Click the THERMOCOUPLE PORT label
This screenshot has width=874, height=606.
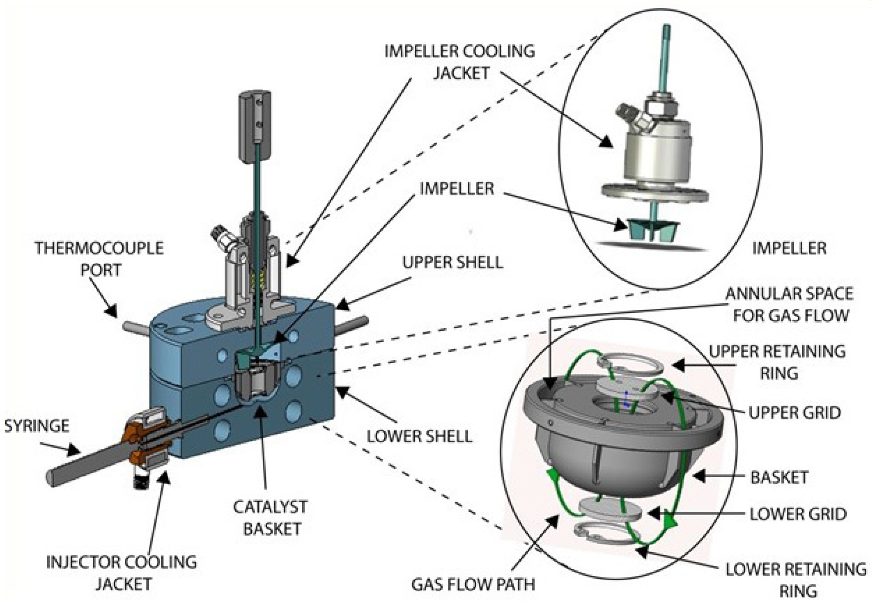99,259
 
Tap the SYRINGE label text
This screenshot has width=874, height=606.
37,426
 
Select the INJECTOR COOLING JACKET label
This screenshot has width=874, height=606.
121,573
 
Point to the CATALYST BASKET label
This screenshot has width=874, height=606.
270,518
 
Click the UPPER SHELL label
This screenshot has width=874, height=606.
452,263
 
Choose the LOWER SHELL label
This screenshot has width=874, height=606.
419,437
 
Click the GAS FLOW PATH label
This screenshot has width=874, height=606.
473,584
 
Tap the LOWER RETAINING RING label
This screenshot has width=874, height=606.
796,580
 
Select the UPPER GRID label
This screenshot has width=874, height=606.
795,413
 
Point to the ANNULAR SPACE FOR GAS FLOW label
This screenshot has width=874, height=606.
789,304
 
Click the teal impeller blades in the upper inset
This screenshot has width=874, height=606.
652,231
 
